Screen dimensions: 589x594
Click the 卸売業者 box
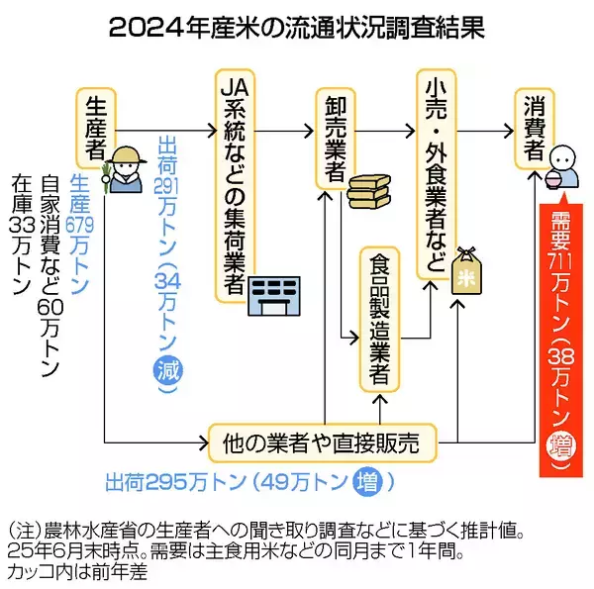click(333, 138)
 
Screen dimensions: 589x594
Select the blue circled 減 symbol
click(168, 372)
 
